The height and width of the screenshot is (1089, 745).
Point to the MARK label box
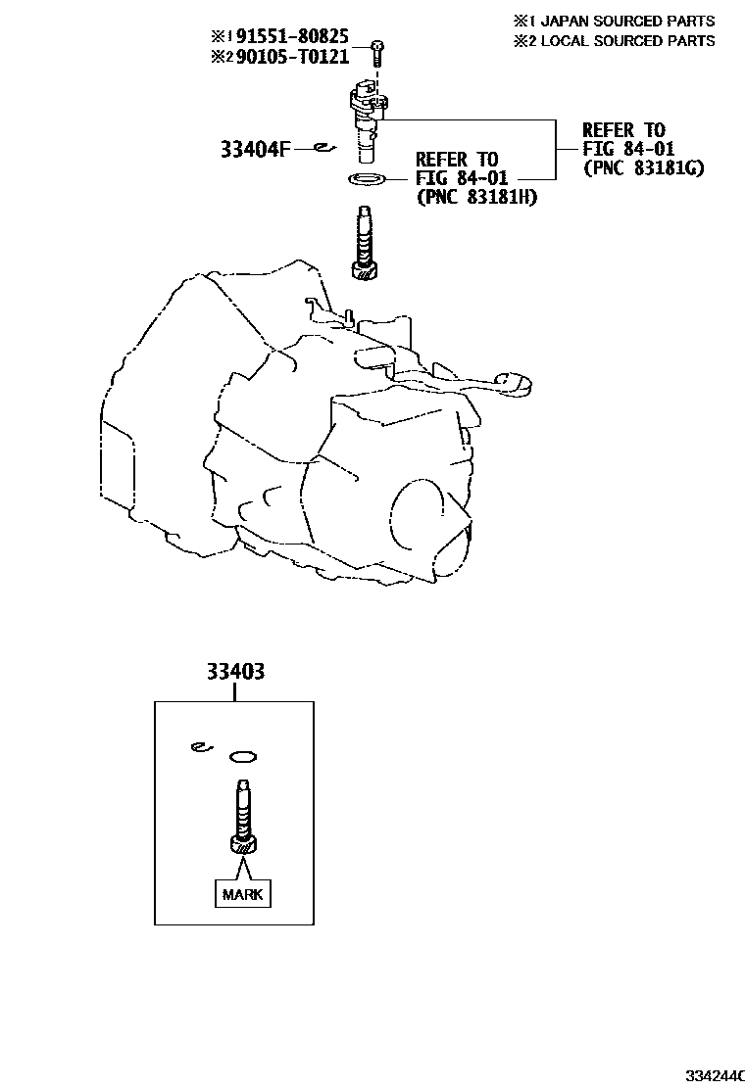(242, 894)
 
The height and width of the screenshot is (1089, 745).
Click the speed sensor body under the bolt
(367, 118)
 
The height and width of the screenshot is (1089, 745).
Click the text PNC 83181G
(643, 167)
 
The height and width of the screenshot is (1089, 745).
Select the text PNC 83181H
(476, 197)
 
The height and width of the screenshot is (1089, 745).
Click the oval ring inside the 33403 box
(242, 756)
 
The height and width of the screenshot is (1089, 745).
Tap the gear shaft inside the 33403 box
(242, 818)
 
